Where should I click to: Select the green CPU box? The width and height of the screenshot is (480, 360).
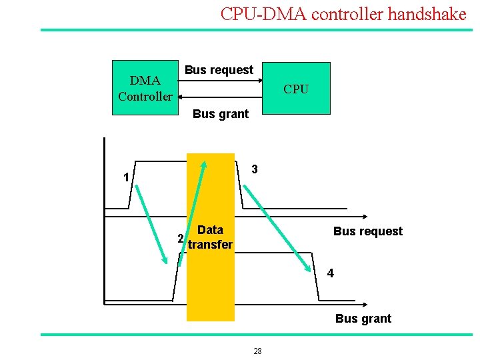(x=296, y=89)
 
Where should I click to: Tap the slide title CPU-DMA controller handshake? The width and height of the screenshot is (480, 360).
(x=343, y=14)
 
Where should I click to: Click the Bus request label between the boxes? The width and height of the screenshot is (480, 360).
(x=219, y=70)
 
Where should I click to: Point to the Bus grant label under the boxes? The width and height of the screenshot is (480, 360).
(x=220, y=114)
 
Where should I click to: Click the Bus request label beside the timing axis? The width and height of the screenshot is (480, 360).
(x=368, y=231)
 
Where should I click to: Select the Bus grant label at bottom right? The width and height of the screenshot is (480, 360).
(x=363, y=319)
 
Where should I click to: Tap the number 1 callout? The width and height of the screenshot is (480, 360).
(x=125, y=178)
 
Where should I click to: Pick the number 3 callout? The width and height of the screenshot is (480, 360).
(x=255, y=169)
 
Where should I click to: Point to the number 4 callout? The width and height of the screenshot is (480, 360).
(x=330, y=273)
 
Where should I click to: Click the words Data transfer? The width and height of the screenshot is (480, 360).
(x=211, y=237)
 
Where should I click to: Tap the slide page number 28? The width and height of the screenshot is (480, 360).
(x=258, y=351)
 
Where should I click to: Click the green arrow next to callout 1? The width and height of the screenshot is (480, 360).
(x=153, y=223)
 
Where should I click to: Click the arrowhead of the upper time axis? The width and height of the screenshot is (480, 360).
(x=366, y=217)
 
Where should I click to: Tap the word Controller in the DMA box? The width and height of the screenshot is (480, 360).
(x=145, y=97)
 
